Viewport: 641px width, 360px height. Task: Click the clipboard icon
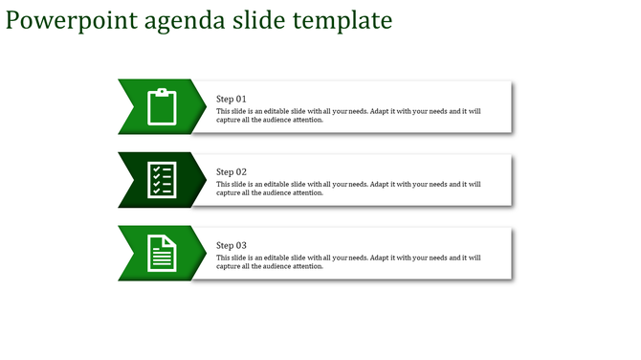[x=163, y=106]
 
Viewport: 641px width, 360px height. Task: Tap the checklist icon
[x=162, y=179]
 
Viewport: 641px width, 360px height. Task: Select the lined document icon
[x=163, y=253]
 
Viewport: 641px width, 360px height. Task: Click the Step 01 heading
[x=232, y=99]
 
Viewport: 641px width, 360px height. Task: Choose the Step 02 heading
[x=232, y=172]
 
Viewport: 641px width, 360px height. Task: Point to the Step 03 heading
[x=232, y=246]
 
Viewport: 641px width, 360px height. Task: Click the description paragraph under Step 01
[x=348, y=116]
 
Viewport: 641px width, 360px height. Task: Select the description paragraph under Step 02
[x=348, y=189]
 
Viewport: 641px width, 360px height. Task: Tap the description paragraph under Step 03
[x=348, y=261]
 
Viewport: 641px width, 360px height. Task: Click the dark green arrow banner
[x=134, y=179]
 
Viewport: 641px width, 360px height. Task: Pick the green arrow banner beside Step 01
[x=134, y=106]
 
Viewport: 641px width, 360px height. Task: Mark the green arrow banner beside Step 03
[x=134, y=253]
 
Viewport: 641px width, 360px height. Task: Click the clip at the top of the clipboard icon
[x=163, y=91]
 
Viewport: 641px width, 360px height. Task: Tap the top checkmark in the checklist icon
[x=156, y=169]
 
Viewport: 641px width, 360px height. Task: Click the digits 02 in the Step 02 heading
[x=241, y=172]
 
